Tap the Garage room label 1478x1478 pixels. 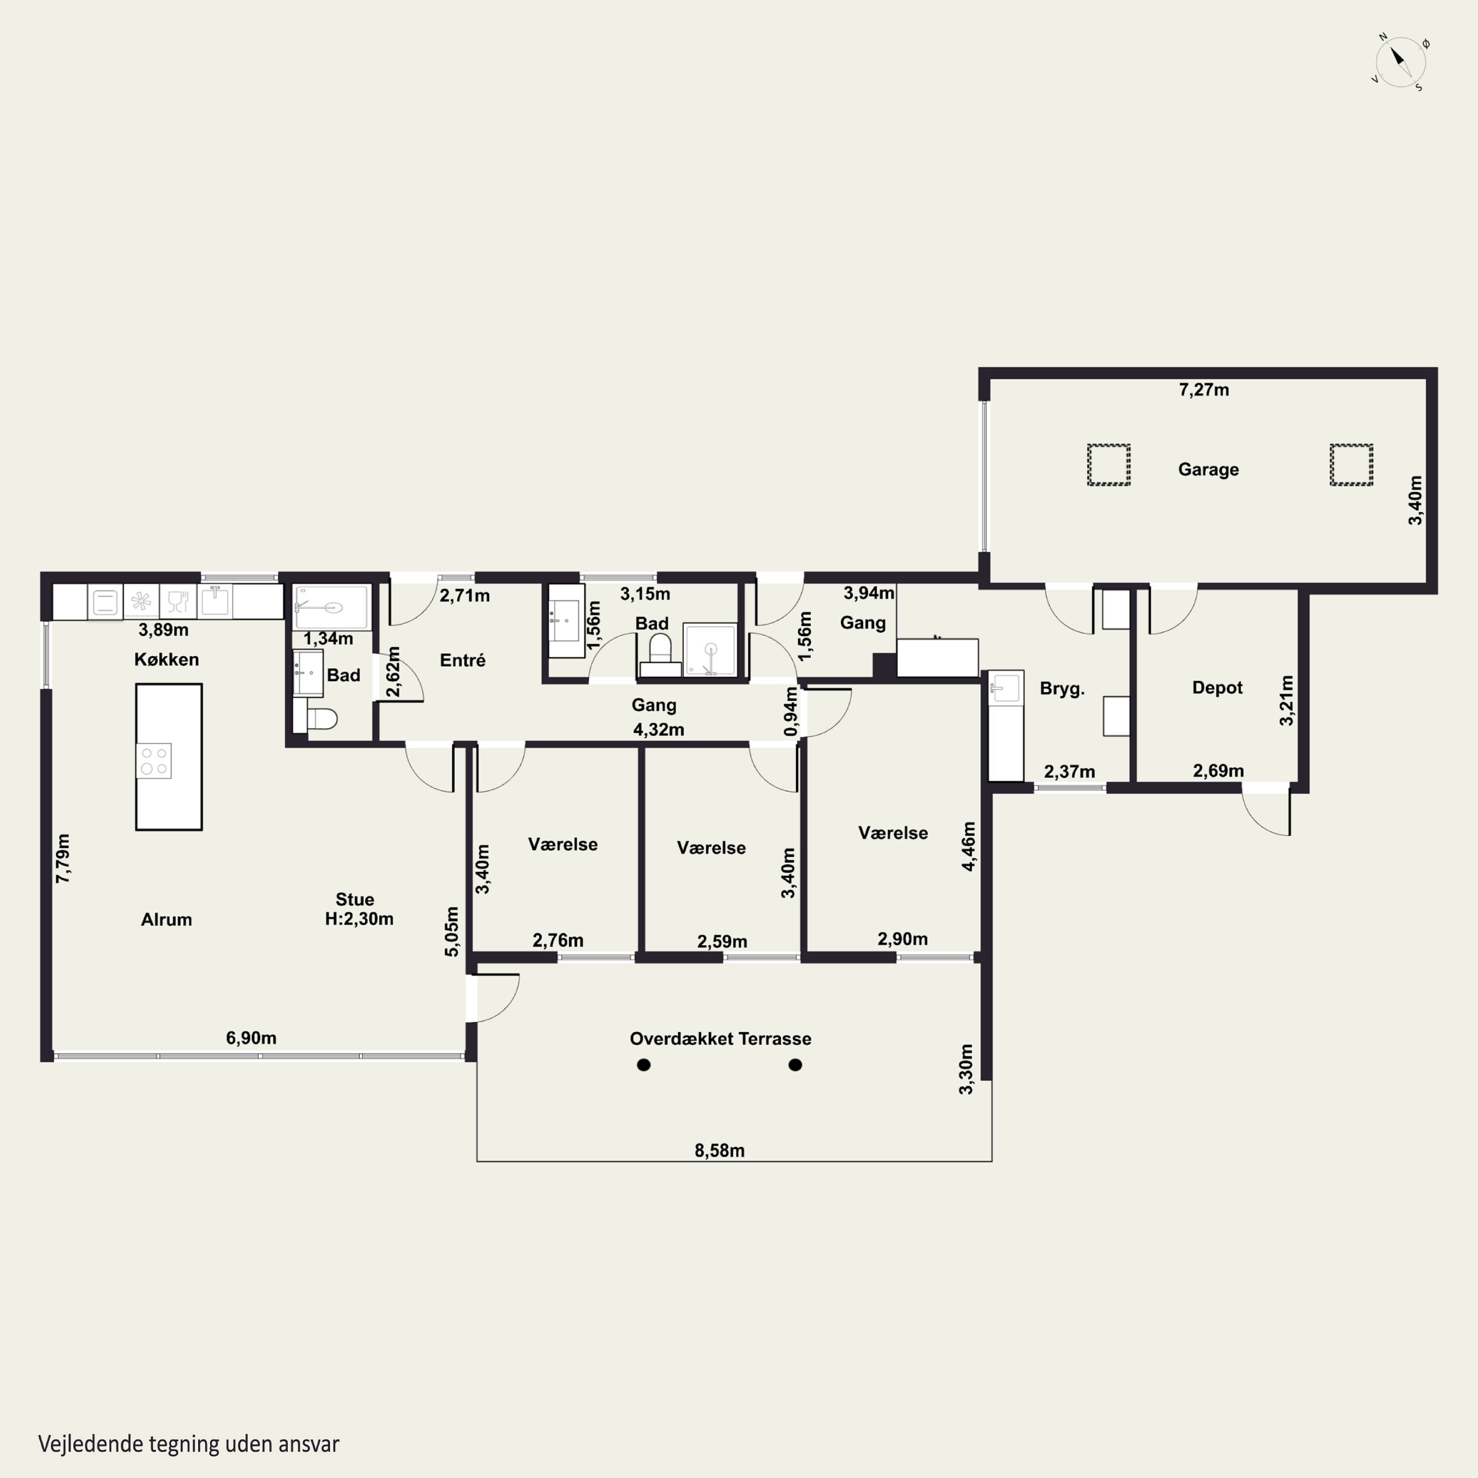point(1208,470)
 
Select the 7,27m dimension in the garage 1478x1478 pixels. point(1204,390)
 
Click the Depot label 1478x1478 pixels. point(1217,688)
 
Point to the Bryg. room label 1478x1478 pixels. point(1062,689)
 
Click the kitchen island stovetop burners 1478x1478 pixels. point(154,761)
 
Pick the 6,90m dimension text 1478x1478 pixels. point(251,1038)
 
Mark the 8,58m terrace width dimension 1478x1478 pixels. point(719,1150)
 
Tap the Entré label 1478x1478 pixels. point(462,660)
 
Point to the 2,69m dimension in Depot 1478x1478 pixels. point(1218,771)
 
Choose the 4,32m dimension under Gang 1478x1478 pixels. point(658,730)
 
